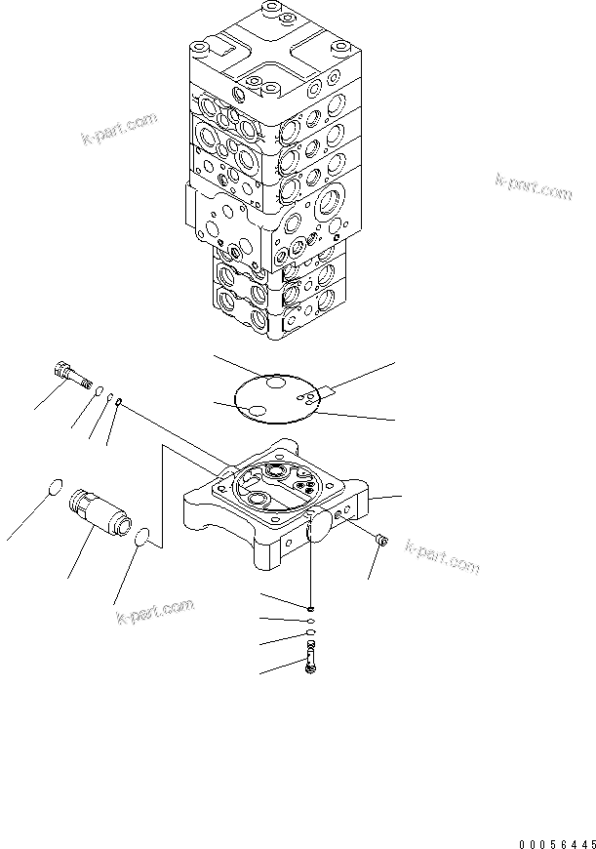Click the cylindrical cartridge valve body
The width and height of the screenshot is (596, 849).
pos(99,514)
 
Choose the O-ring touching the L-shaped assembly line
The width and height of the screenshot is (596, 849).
pos(142,537)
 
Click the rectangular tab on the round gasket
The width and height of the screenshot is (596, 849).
pos(326,392)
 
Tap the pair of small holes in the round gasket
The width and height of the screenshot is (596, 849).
pos(309,397)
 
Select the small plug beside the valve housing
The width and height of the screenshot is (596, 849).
pos(381,539)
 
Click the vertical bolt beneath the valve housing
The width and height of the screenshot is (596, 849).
pos(310,664)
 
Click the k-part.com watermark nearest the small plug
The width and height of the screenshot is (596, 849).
pos(442,557)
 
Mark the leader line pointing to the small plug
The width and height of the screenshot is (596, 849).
pos(374,563)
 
